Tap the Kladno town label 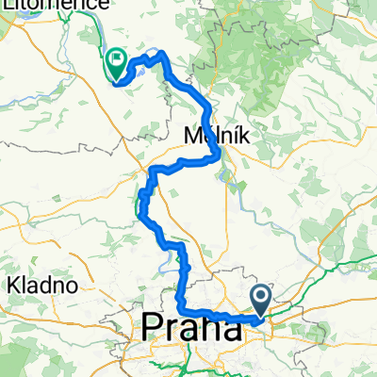[x=37, y=284]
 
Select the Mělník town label [x=221, y=136]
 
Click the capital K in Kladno [x=12, y=284]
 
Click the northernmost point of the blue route [x=161, y=52]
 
